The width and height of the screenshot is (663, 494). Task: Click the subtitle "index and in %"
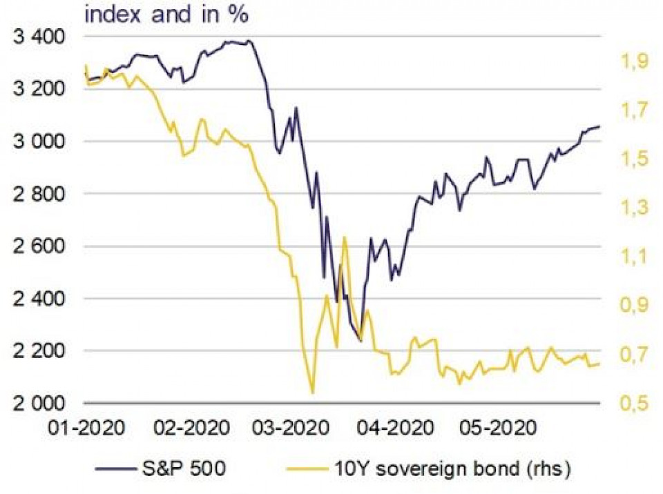pos(166,14)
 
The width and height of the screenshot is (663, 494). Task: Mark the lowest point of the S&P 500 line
pos(361,341)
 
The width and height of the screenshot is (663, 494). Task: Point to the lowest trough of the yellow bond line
pos(313,393)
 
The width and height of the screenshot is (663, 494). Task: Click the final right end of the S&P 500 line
pos(599,126)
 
